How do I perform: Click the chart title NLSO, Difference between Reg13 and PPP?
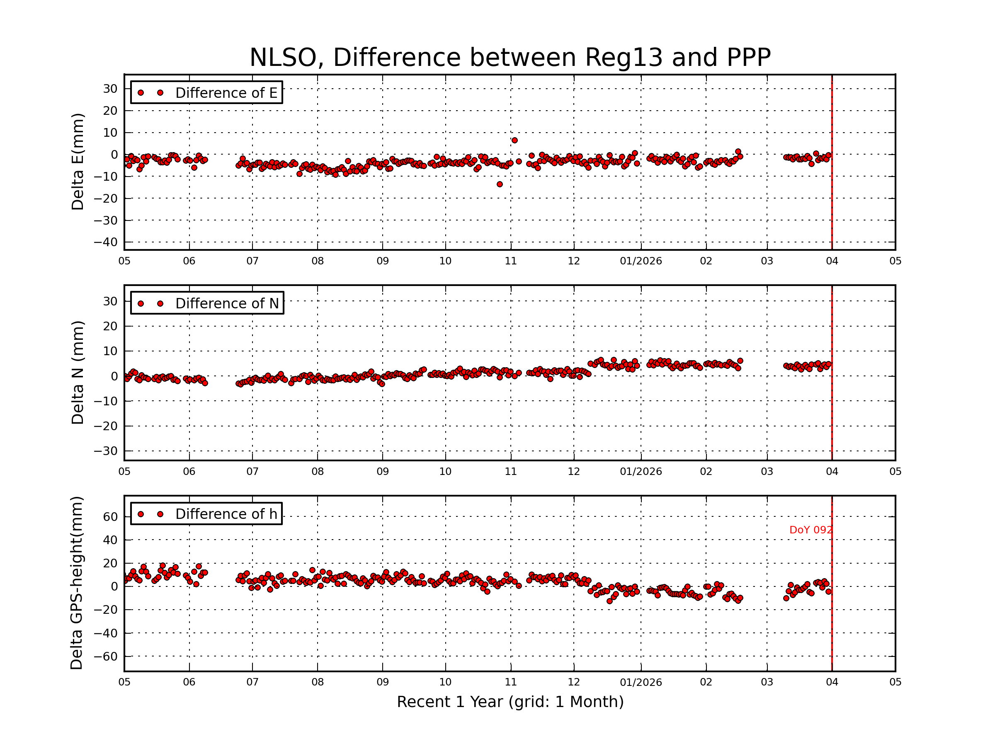(510, 58)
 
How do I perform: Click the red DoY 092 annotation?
(811, 530)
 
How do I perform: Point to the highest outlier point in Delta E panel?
(514, 140)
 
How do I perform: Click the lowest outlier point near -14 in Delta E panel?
(500, 184)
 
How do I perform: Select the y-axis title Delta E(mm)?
(78, 162)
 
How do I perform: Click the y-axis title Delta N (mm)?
(78, 372)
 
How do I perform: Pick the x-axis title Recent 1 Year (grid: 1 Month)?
(510, 702)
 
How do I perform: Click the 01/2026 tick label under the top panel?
(641, 261)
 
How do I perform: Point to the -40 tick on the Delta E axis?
(105, 242)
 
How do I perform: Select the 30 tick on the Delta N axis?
(110, 301)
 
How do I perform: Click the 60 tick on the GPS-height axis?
(110, 517)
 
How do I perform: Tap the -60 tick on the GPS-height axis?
(105, 656)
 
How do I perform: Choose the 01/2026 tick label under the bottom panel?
(641, 682)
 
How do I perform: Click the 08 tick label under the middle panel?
(318, 472)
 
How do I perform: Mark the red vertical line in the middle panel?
(832, 373)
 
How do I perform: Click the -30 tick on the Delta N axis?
(105, 451)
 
